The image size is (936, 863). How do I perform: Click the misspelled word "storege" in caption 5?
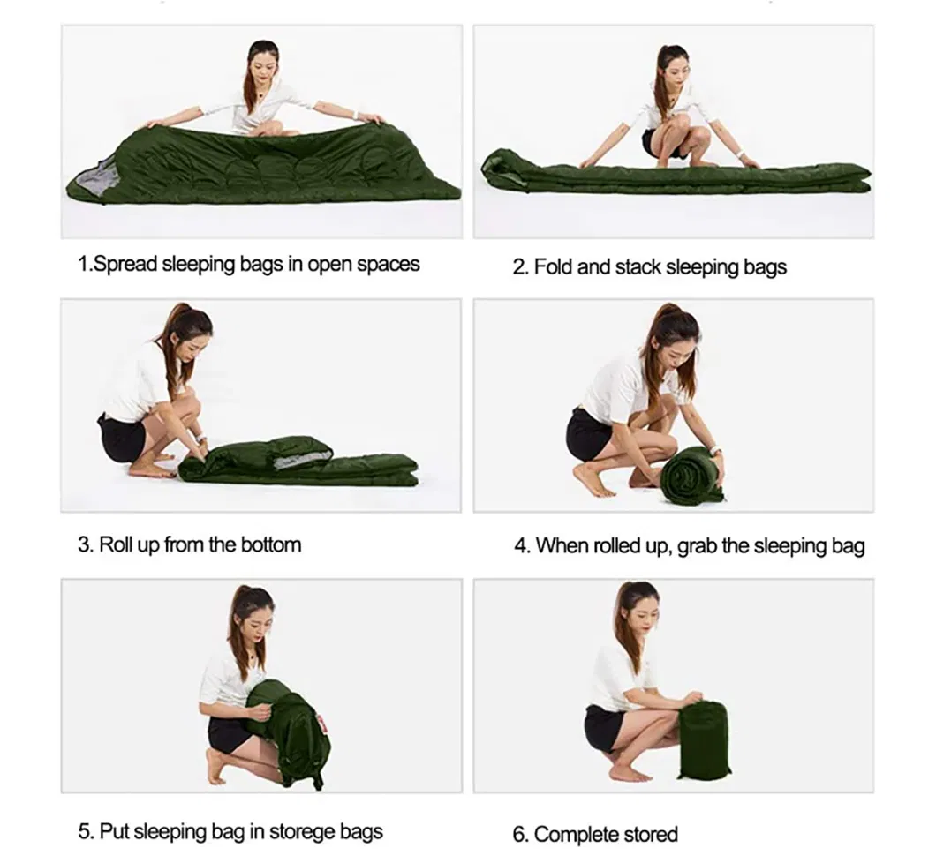(300, 831)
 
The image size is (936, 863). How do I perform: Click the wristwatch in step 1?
(355, 115)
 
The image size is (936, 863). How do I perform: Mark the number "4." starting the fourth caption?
(522, 545)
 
